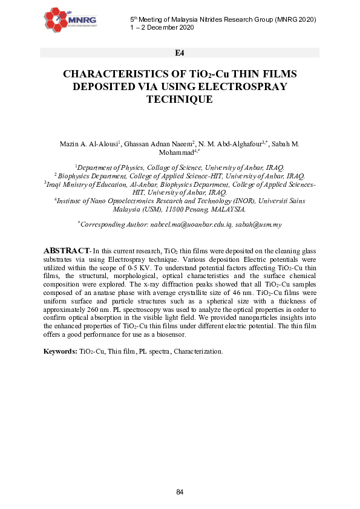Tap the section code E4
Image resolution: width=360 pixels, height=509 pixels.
(180, 53)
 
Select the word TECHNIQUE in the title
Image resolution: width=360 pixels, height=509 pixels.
(180, 99)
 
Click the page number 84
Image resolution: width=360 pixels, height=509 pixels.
(180, 492)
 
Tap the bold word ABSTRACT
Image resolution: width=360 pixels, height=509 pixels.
(65, 250)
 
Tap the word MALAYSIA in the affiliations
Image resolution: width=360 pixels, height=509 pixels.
(225, 209)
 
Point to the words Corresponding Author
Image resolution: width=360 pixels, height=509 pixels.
(114, 224)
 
